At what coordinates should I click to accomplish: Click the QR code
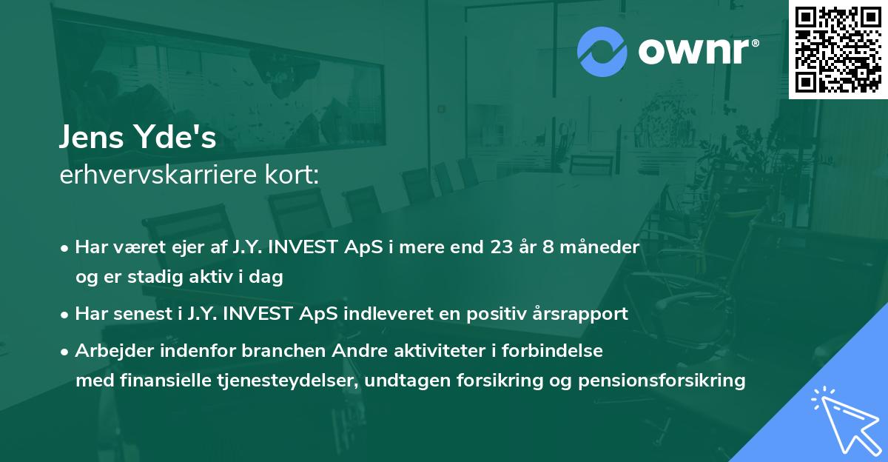(x=838, y=49)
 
